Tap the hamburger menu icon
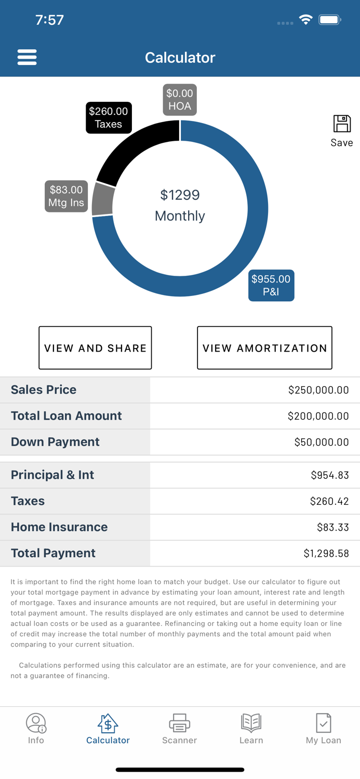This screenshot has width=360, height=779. [27, 57]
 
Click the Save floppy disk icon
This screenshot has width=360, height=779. [342, 125]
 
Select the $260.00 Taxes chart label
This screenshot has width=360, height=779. [109, 118]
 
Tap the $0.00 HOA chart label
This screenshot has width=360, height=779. [180, 100]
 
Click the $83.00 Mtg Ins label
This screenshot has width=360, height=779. [66, 196]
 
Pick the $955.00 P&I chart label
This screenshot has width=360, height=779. [271, 286]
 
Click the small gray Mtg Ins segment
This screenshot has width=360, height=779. [103, 199]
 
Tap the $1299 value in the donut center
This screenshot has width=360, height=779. [180, 195]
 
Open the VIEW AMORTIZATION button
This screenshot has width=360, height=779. [264, 348]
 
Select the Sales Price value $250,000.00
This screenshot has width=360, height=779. [318, 390]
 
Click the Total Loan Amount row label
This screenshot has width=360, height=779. [66, 416]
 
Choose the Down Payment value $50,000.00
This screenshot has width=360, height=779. [321, 442]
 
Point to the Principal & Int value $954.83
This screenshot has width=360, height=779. [329, 475]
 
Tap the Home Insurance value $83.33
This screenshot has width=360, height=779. [332, 527]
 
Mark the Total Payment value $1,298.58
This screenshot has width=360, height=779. [326, 554]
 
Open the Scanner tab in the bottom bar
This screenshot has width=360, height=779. [179, 728]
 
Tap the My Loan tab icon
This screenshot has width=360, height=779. [323, 723]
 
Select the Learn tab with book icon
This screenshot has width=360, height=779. [251, 728]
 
